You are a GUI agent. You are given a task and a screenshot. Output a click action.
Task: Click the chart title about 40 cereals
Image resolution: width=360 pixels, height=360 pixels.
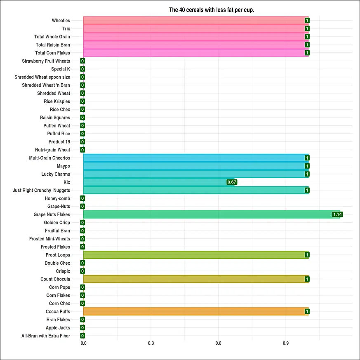pos(211,9)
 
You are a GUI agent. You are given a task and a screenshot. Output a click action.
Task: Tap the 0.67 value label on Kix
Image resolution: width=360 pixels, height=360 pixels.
pos(232,182)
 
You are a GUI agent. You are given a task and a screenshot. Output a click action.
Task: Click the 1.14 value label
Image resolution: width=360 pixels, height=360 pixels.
pos(338,214)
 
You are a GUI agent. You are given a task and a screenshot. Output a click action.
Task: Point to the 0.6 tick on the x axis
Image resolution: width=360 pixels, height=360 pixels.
pos(218,343)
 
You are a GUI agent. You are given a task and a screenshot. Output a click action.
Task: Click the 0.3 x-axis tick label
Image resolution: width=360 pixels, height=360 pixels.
pos(151,343)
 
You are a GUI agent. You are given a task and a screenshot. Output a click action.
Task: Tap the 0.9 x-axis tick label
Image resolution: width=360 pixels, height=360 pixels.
pos(286,343)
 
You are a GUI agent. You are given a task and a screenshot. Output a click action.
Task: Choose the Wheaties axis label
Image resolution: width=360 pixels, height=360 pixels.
pos(61,21)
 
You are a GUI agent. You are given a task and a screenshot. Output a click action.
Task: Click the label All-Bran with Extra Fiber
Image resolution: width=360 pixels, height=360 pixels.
pos(46,336)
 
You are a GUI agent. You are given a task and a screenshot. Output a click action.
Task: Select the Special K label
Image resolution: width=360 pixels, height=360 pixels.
pos(61,69)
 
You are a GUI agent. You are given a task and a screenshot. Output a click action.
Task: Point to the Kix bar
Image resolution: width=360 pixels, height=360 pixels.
pos(159,182)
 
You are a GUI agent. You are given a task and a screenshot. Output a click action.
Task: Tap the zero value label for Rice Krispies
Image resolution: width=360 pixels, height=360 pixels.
pos(82,101)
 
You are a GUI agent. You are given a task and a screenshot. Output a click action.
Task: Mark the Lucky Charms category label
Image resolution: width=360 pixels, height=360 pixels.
pos(56,174)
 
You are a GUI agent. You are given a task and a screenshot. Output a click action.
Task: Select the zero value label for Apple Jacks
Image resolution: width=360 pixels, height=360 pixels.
pos(82,328)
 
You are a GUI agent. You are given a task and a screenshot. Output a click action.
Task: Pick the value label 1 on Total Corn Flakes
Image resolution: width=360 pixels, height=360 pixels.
pos(307,53)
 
